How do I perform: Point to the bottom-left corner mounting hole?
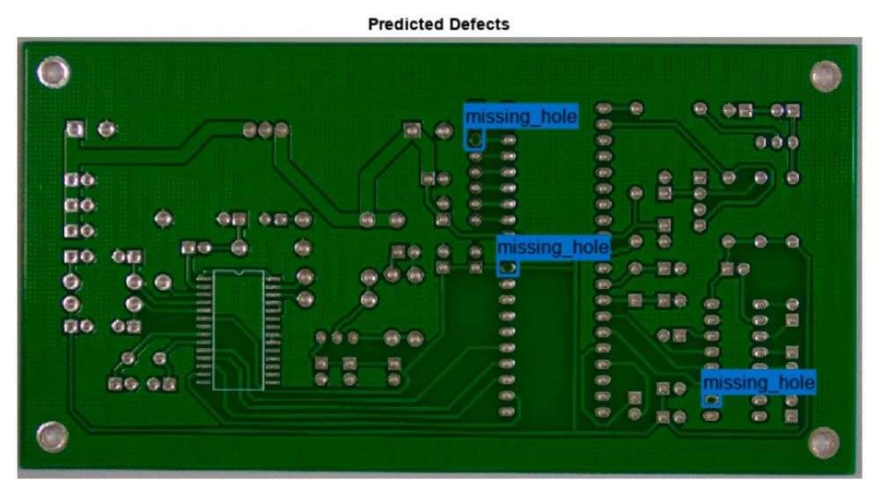[x=51, y=435]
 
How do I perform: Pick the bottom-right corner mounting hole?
[x=823, y=441]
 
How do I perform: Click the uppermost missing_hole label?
[x=521, y=116]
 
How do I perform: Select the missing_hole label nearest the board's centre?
[x=553, y=247]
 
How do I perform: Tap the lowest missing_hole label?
[x=759, y=382]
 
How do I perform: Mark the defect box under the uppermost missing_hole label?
[x=475, y=139]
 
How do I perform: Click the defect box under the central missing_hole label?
[x=507, y=267]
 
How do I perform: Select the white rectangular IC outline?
[x=238, y=329]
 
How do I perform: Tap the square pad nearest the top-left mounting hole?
[x=75, y=130]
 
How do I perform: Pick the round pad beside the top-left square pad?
[x=106, y=130]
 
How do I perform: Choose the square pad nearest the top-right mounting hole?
[x=794, y=110]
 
